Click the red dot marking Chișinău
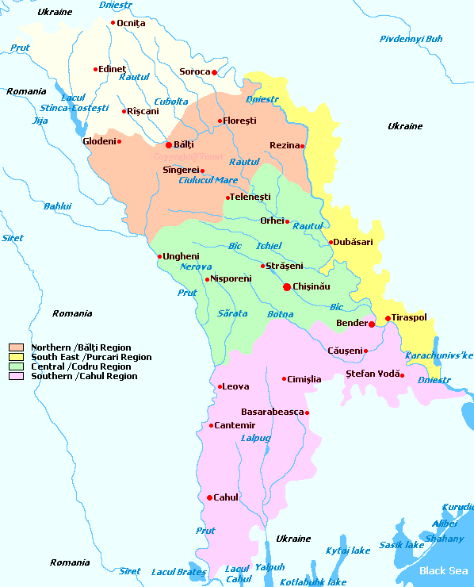pyautogui.click(x=287, y=287)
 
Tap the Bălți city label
pyautogui.click(x=183, y=145)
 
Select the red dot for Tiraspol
pyautogui.click(x=388, y=319)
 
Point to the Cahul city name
pyautogui.click(x=226, y=497)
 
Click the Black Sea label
pyautogui.click(x=443, y=570)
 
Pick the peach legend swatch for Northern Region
pyautogui.click(x=15, y=347)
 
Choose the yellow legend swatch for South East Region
pyautogui.click(x=15, y=357)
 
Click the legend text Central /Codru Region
pyautogui.click(x=81, y=366)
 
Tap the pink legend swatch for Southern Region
pyautogui.click(x=15, y=376)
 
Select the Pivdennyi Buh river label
pyautogui.click(x=411, y=39)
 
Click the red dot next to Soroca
pyautogui.click(x=214, y=72)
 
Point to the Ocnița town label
pyautogui.click(x=131, y=23)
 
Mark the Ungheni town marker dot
pyautogui.click(x=159, y=256)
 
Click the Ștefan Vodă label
pyautogui.click(x=371, y=373)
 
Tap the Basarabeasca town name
pyautogui.click(x=272, y=412)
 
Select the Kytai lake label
pyautogui.click(x=348, y=551)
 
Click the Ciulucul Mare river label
pyautogui.click(x=208, y=180)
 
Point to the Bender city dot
pyautogui.click(x=372, y=324)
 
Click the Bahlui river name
pyautogui.click(x=57, y=206)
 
